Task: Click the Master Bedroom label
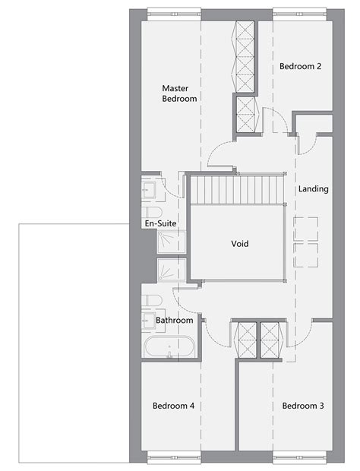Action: click(179, 93)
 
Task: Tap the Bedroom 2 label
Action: click(300, 67)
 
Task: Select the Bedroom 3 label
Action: click(303, 406)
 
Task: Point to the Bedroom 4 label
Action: click(174, 406)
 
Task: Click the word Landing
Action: click(314, 188)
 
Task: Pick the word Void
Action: click(240, 244)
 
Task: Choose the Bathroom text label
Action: click(175, 321)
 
